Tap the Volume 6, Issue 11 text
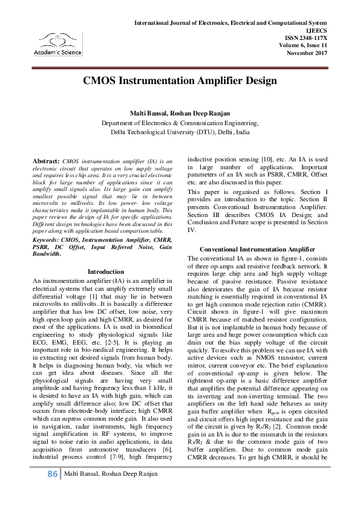[x=303, y=46]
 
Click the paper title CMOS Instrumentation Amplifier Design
[x=180, y=80]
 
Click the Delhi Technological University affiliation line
[x=180, y=131]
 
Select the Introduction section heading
[x=106, y=272]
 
